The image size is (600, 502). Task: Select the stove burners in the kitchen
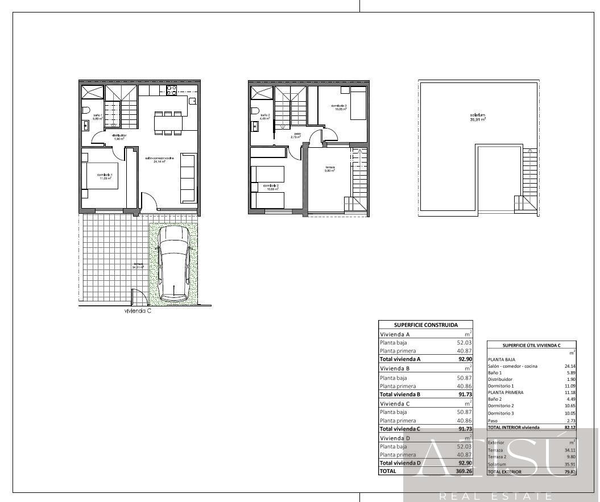tap(171, 91)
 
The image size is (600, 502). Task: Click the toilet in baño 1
tap(85, 110)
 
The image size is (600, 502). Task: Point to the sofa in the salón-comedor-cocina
tap(188, 177)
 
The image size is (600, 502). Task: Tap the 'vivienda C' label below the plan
tap(138, 311)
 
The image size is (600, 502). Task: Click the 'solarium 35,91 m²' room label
tap(478, 118)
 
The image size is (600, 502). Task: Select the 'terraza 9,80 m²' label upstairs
tap(330, 169)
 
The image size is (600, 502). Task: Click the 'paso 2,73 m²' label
tap(296, 136)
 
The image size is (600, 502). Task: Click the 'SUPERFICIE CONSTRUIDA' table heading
tap(426, 325)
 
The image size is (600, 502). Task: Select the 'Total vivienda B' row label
tap(400, 394)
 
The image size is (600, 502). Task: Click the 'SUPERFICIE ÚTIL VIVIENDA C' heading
tap(531, 345)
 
